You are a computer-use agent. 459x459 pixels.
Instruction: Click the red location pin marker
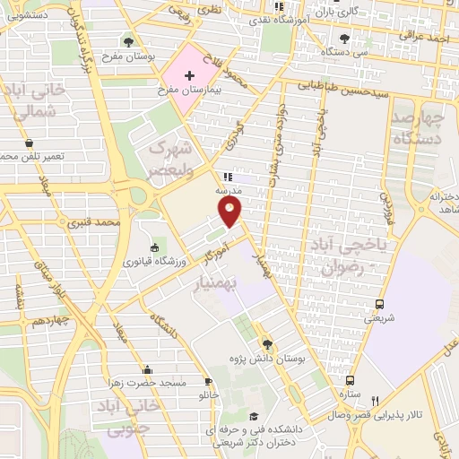tap(230, 210)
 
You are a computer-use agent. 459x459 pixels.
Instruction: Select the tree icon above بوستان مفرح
tap(129, 41)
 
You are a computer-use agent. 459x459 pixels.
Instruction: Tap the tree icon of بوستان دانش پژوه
tap(265, 342)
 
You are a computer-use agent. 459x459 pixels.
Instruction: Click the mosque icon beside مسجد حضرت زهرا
tap(147, 368)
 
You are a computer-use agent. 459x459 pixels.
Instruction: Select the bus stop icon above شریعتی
tap(380, 302)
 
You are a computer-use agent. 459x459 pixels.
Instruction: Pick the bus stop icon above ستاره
tap(350, 380)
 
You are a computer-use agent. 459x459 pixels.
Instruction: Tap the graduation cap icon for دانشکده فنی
tap(255, 417)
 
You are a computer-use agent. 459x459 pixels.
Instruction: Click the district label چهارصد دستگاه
tap(419, 128)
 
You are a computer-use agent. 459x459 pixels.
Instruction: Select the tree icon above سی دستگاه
tap(345, 39)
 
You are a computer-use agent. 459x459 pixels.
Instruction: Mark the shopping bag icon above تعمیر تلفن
tap(30, 143)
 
